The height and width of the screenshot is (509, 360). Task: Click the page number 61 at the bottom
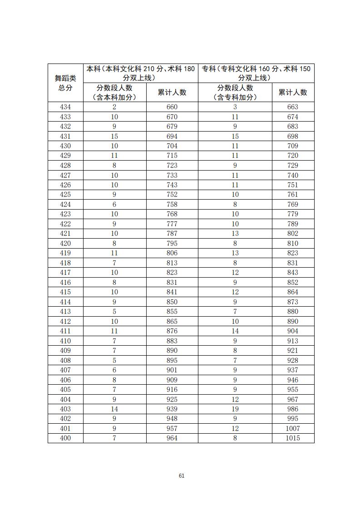182,475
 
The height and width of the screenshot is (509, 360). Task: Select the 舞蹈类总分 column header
65,83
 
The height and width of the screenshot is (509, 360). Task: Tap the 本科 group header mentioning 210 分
140,73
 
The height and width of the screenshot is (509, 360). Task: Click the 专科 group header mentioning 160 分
256,73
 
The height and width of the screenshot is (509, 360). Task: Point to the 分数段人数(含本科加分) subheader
114,93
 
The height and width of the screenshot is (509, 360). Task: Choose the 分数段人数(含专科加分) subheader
235,93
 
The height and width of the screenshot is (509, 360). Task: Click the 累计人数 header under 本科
172,93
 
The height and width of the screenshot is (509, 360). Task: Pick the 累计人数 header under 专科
293,93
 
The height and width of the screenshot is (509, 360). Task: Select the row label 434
65,107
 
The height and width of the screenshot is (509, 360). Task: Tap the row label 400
65,438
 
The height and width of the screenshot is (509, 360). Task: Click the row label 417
65,273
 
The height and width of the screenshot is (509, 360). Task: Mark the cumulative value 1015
293,438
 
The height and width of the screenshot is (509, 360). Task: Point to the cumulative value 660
172,107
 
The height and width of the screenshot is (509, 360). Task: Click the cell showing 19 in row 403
235,409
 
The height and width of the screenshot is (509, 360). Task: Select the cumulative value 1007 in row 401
293,428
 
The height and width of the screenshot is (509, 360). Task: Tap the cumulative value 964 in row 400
172,438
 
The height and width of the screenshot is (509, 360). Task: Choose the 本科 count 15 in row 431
114,136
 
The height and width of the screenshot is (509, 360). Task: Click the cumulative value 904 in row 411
293,331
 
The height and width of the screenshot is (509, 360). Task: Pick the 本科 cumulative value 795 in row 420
172,243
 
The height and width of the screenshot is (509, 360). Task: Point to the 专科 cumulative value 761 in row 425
293,195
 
